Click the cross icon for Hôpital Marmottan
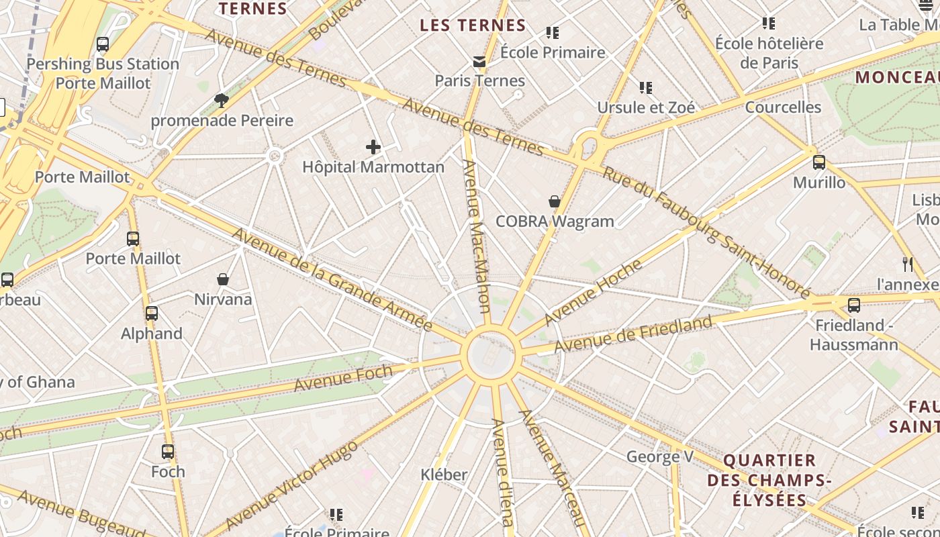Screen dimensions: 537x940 point(373,147)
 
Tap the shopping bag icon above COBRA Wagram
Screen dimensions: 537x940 point(555,201)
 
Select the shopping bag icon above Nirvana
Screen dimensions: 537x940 point(223,279)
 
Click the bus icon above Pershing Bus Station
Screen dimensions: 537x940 point(103,44)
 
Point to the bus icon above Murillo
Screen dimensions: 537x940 point(818,162)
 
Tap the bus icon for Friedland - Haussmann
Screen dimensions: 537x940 point(853,305)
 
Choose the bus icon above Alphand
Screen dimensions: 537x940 point(152,313)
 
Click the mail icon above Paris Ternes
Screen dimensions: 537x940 point(479,62)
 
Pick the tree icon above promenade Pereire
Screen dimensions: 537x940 point(222,101)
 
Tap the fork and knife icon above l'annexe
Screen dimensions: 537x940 point(908,264)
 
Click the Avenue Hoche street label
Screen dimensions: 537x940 point(593,293)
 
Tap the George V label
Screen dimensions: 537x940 point(660,457)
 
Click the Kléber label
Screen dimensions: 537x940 point(444,475)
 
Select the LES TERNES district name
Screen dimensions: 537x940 point(473,26)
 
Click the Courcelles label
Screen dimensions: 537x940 point(783,107)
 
